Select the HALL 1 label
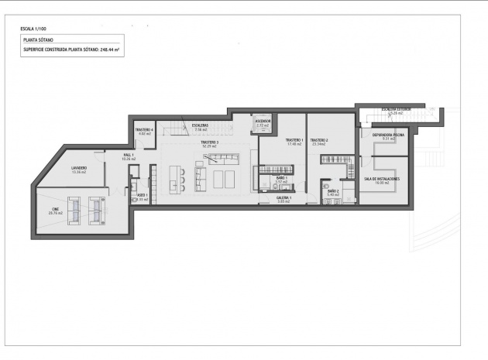(129, 156)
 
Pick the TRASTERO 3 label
(209, 142)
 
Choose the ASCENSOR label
(263, 121)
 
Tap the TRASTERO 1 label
(294, 140)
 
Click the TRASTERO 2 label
(320, 140)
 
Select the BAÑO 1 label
(281, 178)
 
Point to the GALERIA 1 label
(284, 198)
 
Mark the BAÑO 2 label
(333, 190)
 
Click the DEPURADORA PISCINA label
(387, 135)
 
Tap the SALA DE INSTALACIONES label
(381, 179)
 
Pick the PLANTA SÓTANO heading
(38, 38)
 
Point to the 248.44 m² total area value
(114, 48)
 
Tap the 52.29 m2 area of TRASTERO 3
(209, 146)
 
